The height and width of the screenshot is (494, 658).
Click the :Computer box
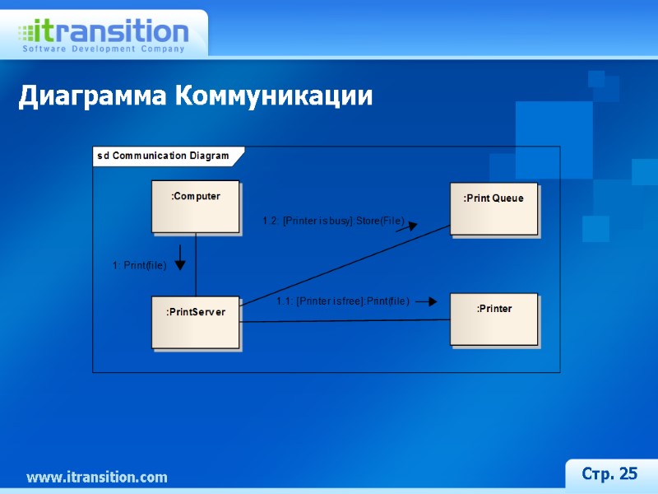click(x=195, y=207)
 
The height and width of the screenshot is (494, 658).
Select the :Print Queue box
click(x=493, y=208)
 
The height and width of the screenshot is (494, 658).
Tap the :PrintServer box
click(x=195, y=322)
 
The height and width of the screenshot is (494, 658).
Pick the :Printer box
click(x=493, y=319)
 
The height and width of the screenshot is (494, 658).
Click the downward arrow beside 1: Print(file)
click(x=180, y=257)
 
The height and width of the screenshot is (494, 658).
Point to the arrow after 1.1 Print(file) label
click(x=426, y=302)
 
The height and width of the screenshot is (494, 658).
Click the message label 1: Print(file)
click(x=139, y=265)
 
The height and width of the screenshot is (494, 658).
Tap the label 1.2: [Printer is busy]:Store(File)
click(x=332, y=221)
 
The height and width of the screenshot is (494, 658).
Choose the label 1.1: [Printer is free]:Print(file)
click(x=342, y=302)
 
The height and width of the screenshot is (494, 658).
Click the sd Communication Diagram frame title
click(x=163, y=156)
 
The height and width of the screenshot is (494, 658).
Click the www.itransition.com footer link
click(x=96, y=478)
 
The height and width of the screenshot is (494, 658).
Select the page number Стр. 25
click(x=609, y=473)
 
